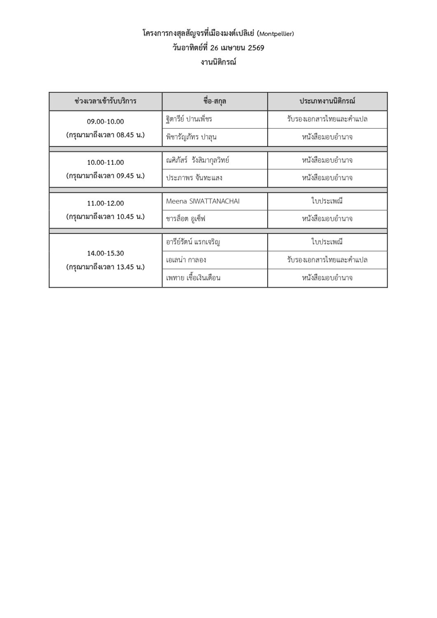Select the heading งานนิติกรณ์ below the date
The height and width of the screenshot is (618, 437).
pyautogui.click(x=218, y=63)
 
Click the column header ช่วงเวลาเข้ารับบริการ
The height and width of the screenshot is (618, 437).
pyautogui.click(x=105, y=101)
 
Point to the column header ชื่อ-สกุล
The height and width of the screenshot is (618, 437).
pyautogui.click(x=215, y=101)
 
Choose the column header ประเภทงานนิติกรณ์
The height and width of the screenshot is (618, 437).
pyautogui.click(x=327, y=101)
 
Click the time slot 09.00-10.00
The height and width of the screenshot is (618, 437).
pyautogui.click(x=105, y=122)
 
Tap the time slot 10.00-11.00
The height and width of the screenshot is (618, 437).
pyautogui.click(x=105, y=162)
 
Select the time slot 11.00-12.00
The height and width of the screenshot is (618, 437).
pyautogui.click(x=105, y=203)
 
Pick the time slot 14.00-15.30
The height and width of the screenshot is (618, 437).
pyautogui.click(x=105, y=253)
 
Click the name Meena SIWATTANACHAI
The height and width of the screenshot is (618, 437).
pyautogui.click(x=203, y=201)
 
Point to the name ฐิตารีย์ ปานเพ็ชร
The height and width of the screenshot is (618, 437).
pyautogui.click(x=189, y=119)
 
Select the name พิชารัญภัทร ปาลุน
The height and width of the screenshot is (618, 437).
pyautogui.click(x=191, y=137)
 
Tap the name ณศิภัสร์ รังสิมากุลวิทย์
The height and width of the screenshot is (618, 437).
pyautogui.click(x=198, y=160)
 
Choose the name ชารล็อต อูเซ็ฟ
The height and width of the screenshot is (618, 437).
pyautogui.click(x=186, y=219)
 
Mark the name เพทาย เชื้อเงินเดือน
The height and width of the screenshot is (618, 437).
pyautogui.click(x=193, y=278)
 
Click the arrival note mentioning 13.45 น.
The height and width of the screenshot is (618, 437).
pyautogui.click(x=105, y=267)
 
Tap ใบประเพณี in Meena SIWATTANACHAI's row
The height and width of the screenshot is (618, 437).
pyautogui.click(x=327, y=201)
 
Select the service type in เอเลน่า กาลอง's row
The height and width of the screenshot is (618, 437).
pyautogui.click(x=327, y=260)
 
